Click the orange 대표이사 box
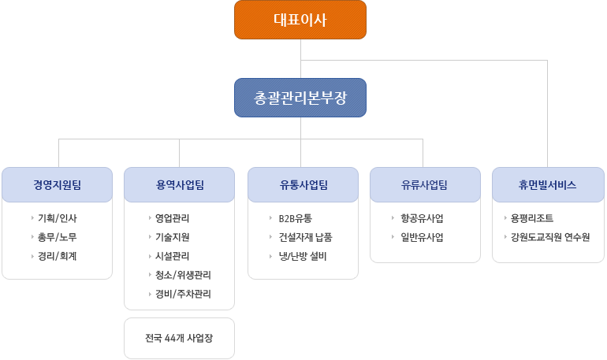pyautogui.click(x=300, y=20)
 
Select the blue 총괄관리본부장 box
pyautogui.click(x=300, y=98)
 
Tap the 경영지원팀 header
pyautogui.click(x=58, y=185)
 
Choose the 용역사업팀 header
pyautogui.click(x=179, y=185)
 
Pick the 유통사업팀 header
pyautogui.click(x=303, y=185)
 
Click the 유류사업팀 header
pyautogui.click(x=425, y=185)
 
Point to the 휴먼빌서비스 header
pyautogui.click(x=548, y=185)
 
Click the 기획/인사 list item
pyautogui.click(x=58, y=218)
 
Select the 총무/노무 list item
pyautogui.click(x=58, y=237)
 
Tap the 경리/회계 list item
pyautogui.click(x=58, y=256)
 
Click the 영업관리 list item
pyautogui.click(x=173, y=218)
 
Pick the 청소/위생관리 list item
pyautogui.click(x=183, y=275)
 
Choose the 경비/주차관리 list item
pyautogui.click(x=183, y=294)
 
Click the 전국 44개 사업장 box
pyautogui.click(x=179, y=339)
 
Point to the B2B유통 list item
pyautogui.click(x=296, y=218)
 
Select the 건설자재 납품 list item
pyautogui.click(x=305, y=237)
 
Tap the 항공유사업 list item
pyautogui.click(x=422, y=218)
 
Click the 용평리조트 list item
pyautogui.click(x=532, y=218)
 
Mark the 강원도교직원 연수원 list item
pyautogui.click(x=550, y=237)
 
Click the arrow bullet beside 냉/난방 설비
pyautogui.click(x=271, y=256)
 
